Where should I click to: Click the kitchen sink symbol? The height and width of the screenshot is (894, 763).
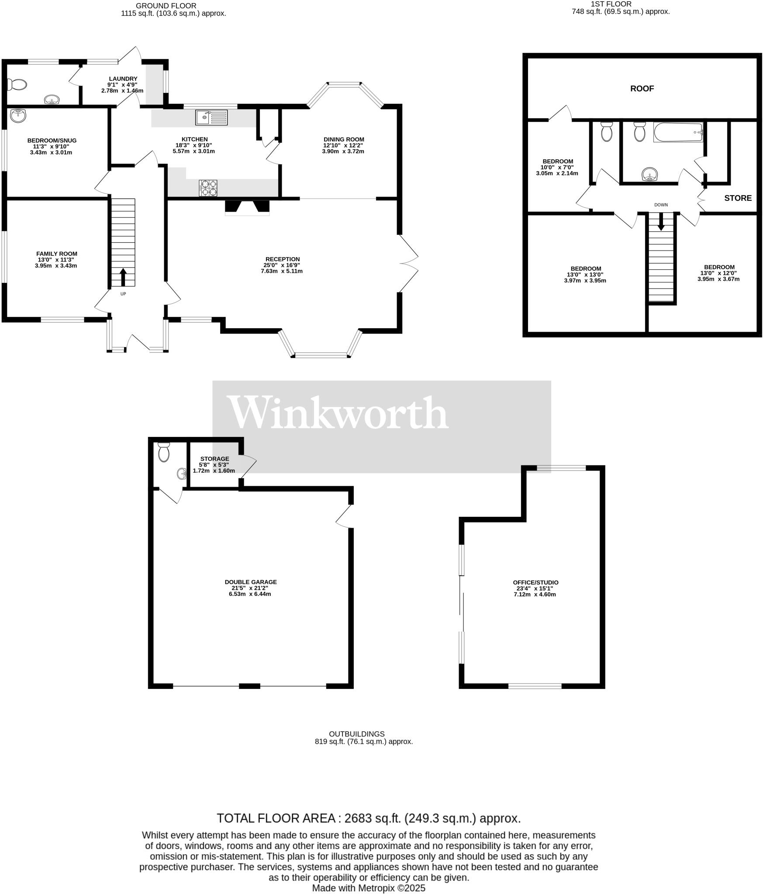pyautogui.click(x=211, y=117)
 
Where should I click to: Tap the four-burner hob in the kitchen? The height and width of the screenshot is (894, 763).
pyautogui.click(x=208, y=188)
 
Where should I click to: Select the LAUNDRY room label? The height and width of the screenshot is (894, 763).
pyautogui.click(x=123, y=79)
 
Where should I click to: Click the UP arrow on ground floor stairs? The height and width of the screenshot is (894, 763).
pyautogui.click(x=123, y=277)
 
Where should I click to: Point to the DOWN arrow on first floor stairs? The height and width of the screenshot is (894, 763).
pyautogui.click(x=661, y=221)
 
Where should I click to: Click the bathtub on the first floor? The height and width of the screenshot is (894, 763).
pyautogui.click(x=678, y=132)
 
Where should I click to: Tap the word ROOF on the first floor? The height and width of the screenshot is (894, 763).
pyautogui.click(x=642, y=89)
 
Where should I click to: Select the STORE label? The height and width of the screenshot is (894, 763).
pyautogui.click(x=738, y=198)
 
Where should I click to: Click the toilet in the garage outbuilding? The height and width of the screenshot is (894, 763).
pyautogui.click(x=164, y=452)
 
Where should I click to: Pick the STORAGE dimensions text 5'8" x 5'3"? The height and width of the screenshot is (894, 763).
pyautogui.click(x=214, y=465)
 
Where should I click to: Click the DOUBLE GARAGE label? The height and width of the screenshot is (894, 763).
pyautogui.click(x=251, y=582)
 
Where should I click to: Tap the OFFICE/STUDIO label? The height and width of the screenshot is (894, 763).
pyautogui.click(x=535, y=582)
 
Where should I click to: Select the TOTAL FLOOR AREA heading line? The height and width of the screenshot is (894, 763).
pyautogui.click(x=369, y=818)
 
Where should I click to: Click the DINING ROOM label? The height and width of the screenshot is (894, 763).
pyautogui.click(x=344, y=139)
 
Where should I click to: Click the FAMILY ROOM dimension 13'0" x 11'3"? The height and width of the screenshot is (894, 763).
pyautogui.click(x=56, y=259)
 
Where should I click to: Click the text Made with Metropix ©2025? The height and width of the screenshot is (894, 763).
pyautogui.click(x=369, y=888)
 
